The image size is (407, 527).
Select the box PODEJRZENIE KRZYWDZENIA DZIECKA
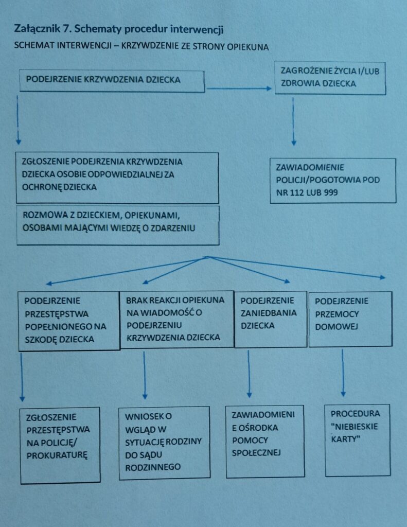tap(112, 81)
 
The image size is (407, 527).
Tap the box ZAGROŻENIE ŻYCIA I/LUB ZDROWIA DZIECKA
tap(330, 78)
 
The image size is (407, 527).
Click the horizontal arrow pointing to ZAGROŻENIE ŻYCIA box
tap(239, 89)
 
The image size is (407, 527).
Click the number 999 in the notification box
tap(331, 192)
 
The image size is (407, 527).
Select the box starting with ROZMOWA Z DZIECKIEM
tap(118, 225)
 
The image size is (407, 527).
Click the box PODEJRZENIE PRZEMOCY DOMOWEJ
tap(350, 319)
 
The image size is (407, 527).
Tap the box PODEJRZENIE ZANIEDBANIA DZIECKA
tap(271, 319)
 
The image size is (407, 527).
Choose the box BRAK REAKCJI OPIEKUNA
tap(177, 319)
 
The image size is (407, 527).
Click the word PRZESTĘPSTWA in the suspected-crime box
tap(57, 314)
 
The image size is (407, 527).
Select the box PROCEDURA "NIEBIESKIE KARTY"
tap(358, 441)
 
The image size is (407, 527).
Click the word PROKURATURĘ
tap(57, 455)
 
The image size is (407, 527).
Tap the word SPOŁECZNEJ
tap(256, 453)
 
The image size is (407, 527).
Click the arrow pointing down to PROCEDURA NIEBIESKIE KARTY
tap(343, 373)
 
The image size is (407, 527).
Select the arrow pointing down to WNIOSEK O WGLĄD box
tap(145, 375)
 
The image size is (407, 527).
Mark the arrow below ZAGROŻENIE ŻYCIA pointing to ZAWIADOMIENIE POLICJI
tap(293, 121)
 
